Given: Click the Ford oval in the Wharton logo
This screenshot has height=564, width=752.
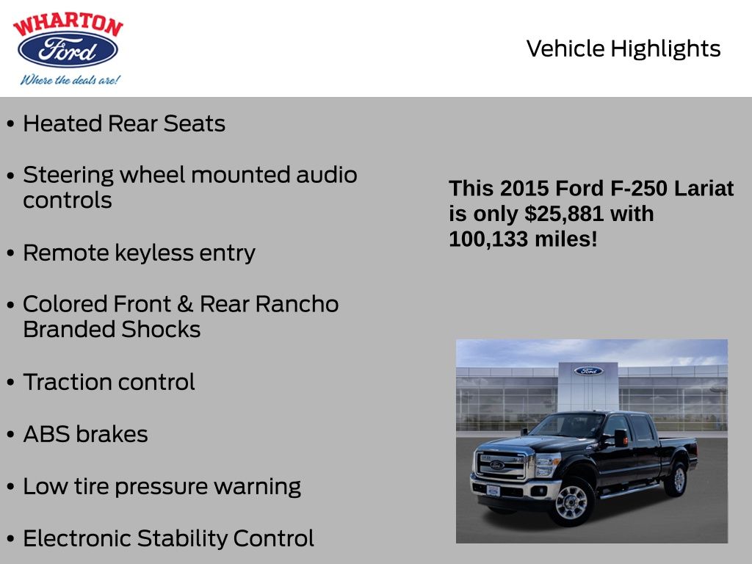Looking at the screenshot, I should (68, 50).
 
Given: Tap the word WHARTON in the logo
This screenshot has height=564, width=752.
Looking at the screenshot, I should (68, 25).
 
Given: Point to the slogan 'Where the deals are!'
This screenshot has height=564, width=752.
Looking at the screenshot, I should (70, 79).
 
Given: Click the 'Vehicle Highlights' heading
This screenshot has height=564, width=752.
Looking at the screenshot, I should (623, 48).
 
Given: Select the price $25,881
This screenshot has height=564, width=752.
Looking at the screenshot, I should (564, 214).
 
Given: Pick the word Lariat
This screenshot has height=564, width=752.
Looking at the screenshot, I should (704, 189).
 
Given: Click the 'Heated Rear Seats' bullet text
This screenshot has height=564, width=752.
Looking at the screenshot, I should (123, 123).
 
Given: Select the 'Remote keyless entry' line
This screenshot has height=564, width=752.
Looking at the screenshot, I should (139, 253).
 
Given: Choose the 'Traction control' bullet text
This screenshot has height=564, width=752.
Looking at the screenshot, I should (109, 382).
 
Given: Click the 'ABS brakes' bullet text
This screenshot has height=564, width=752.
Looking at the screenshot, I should (85, 434).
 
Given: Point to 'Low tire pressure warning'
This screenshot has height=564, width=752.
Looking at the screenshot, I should (162, 486).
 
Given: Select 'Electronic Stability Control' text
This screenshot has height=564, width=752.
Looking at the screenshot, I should (168, 538).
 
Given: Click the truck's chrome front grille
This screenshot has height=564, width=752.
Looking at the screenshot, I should (502, 466).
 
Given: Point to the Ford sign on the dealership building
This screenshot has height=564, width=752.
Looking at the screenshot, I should (588, 371).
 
